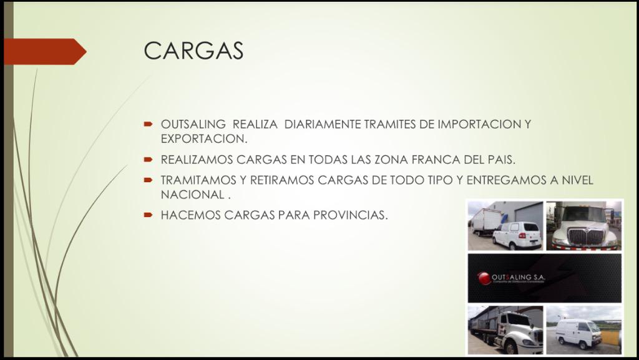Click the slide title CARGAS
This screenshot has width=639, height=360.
click(x=193, y=51)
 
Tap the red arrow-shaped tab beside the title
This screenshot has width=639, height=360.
click(x=44, y=52)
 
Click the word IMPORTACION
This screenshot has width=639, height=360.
click(x=476, y=124)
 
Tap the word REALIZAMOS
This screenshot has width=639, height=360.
click(x=197, y=159)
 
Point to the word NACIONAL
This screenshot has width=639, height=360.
click(x=192, y=194)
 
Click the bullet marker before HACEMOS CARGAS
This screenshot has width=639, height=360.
click(x=148, y=215)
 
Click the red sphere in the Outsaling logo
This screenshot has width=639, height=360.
click(x=484, y=278)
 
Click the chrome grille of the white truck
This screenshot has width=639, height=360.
click(x=585, y=236)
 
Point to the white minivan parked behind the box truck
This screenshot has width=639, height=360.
click(x=517, y=235)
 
